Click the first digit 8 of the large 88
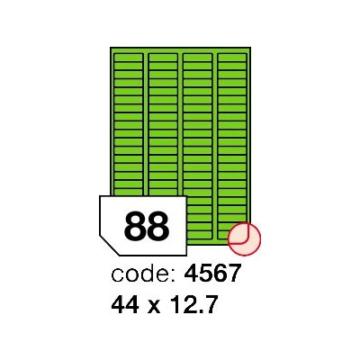135,226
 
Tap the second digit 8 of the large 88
158,226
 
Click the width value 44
125,304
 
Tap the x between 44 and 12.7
154,306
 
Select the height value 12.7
193,304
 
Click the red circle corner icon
244,239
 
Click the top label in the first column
129,58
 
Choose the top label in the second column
163,58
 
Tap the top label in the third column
197,58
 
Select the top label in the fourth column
232,58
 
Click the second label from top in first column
129,66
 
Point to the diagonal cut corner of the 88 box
109,245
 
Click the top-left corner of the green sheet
111,48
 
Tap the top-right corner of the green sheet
250,48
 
